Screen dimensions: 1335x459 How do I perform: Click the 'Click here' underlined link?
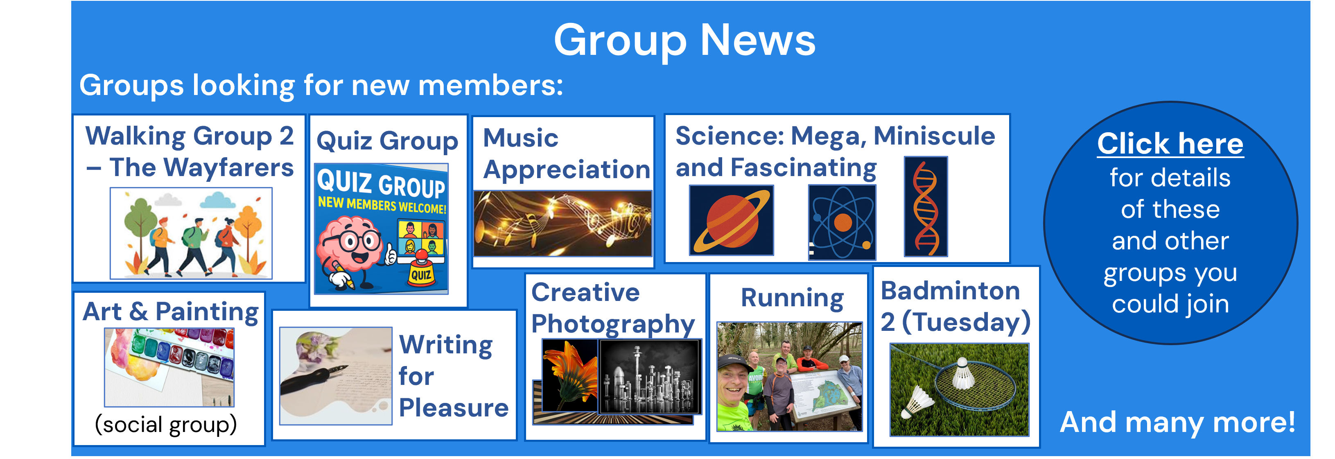pos(1170,144)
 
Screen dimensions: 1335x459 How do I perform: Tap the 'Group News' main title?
pos(684,41)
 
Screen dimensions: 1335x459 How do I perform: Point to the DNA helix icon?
pos(926,207)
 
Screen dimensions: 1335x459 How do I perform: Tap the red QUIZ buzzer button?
pos(421,269)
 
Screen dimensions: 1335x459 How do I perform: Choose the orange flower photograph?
pos(570,375)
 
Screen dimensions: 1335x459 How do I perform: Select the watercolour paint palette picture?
pos(169,367)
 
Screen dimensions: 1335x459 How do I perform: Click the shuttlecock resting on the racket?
pos(962,373)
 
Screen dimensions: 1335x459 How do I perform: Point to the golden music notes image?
pos(563,223)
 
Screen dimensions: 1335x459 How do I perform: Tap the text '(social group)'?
pos(166,425)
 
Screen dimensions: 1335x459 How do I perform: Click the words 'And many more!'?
pos(1177,422)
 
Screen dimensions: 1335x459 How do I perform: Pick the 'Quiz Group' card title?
pos(387,141)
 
